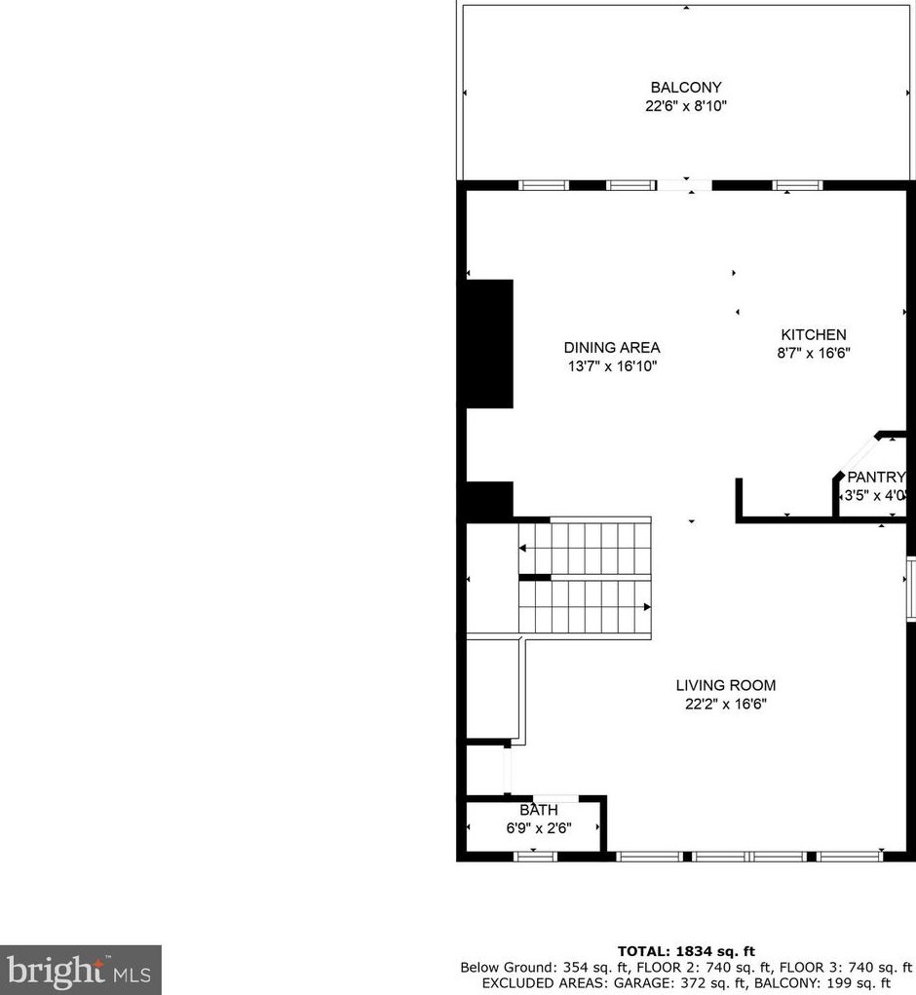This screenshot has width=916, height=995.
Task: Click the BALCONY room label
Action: point(686,88)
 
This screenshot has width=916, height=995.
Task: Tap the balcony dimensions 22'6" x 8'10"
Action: point(686,106)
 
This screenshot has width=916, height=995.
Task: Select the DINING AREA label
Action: point(612,348)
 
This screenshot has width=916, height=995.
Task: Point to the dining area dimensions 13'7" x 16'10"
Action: point(612,366)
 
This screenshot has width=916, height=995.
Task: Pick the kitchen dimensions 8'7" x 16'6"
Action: point(813,354)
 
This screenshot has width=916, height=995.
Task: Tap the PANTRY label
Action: point(876,478)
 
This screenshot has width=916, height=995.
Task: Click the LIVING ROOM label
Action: point(726,685)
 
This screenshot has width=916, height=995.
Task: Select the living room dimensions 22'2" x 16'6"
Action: point(726,704)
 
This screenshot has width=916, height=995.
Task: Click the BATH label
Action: point(538,810)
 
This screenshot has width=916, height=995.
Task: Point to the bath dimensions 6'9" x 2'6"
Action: point(538,828)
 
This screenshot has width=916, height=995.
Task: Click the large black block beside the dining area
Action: point(487,343)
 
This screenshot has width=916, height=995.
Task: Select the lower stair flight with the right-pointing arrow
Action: point(585,607)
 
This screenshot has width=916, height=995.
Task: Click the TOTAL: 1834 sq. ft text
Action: point(686,951)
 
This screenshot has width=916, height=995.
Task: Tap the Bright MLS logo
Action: point(80,971)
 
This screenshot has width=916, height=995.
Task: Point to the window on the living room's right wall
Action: point(910,589)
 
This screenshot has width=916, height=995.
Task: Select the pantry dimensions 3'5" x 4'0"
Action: point(876,496)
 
